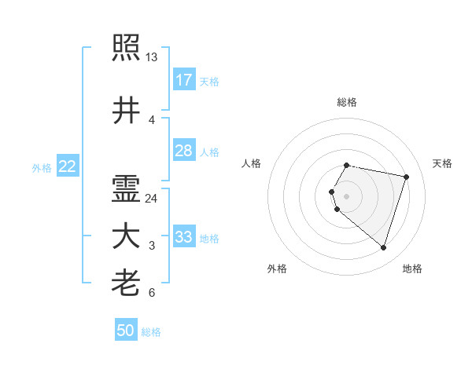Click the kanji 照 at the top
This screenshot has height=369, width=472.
pos(126,48)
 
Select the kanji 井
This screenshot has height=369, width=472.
pos(126,111)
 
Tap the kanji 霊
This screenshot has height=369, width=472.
pos(126,189)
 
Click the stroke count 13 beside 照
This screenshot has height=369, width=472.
pos(151,57)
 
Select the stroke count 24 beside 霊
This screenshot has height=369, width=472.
pos(152,199)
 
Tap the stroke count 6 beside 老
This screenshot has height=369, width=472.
pos(151,293)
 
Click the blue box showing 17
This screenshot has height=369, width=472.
pos(183,80)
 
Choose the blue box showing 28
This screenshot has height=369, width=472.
pos(183,151)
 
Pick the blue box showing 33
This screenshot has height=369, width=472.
pos(183,237)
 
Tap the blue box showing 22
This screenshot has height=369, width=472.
pos(68,166)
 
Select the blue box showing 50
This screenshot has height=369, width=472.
pos(126,331)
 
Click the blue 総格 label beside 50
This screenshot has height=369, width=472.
pos(151,332)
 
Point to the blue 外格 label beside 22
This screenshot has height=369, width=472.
pos(42,167)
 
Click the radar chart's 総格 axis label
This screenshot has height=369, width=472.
pos(346,102)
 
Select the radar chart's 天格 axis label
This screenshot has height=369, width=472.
pos(442,163)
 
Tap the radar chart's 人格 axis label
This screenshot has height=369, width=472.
pos(251,163)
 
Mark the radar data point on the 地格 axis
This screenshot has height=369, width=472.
pos(383,248)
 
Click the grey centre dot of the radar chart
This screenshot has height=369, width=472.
pos(346,195)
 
